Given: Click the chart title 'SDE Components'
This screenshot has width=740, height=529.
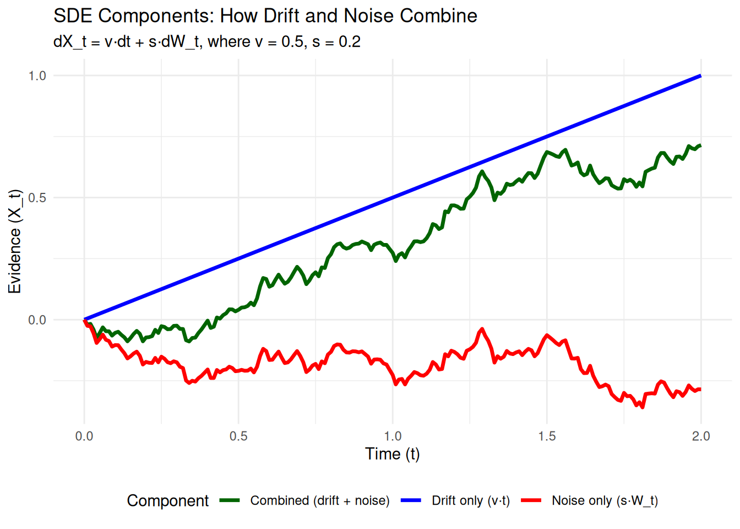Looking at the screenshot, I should pos(265,15).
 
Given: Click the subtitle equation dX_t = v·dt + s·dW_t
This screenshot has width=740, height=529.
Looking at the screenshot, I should pos(206,42).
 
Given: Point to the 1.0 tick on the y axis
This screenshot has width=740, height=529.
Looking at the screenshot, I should pos(37,75).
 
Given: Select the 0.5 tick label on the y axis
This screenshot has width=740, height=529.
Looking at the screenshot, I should pos(37,198).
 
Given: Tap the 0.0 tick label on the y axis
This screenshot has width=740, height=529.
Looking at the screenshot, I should pos(37,320).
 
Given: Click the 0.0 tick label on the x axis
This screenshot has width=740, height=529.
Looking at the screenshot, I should pos(84,436).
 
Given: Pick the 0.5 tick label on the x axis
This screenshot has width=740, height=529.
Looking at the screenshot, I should pos(238,436).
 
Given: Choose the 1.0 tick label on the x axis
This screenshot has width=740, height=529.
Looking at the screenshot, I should pos(393,436).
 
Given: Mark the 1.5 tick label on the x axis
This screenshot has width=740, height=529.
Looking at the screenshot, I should pos(547,436).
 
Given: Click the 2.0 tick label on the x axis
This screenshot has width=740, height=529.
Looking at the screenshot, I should pos(701,436).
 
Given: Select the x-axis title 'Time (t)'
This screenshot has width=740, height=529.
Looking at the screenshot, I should pos(392,454).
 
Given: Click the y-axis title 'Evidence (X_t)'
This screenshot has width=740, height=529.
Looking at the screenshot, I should pos(15,241).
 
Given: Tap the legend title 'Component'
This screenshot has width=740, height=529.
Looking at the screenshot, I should pos(168,500).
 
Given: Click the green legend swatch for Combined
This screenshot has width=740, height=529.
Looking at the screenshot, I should pos(230,500).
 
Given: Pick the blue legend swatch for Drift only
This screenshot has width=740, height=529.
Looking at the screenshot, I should pos(411,500).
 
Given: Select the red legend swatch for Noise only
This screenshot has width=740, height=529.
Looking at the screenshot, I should pos(531,500).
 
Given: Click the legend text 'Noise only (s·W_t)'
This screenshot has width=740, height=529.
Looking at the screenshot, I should pos(605,500).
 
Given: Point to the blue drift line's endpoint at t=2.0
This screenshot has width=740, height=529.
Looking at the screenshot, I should pos(700,75).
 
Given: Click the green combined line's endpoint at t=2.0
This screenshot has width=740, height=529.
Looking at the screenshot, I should pos(700,145).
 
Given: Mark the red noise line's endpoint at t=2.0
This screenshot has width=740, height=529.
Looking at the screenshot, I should pos(700,390).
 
